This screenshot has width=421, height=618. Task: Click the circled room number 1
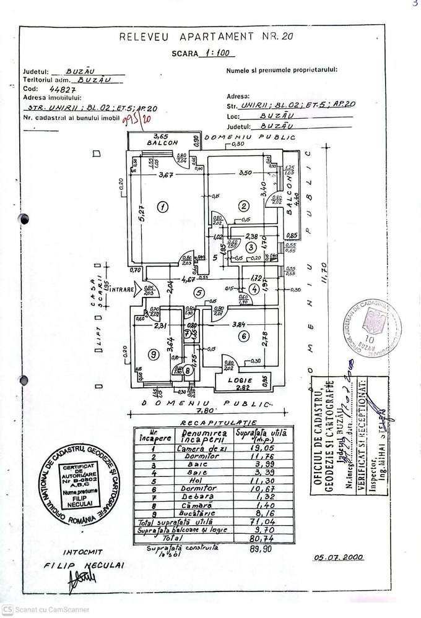(162, 207)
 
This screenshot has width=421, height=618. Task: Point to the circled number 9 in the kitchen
(152, 354)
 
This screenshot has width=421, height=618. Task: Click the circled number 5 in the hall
(198, 293)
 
